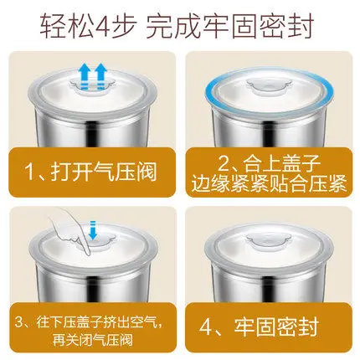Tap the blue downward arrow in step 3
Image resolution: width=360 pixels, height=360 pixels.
[x=93, y=230]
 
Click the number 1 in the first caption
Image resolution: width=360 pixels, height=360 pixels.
[x=30, y=172]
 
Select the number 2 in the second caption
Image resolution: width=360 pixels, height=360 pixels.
[x=224, y=162]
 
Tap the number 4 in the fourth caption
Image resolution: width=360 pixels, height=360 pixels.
[x=206, y=327]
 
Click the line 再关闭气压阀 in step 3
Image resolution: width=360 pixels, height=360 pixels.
[x=93, y=340]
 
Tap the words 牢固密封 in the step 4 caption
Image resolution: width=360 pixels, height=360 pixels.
[x=276, y=327]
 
